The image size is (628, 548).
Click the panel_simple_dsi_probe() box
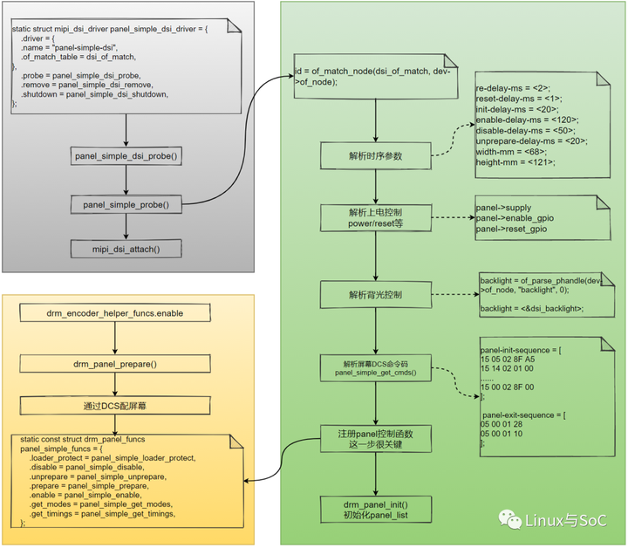pyautogui.click(x=126, y=157)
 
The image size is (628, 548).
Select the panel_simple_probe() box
pyautogui.click(x=126, y=204)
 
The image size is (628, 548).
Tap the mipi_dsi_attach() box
pyautogui.click(x=126, y=250)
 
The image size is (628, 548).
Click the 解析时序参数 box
pyautogui.click(x=377, y=158)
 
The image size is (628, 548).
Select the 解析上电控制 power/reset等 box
pyautogui.click(x=377, y=217)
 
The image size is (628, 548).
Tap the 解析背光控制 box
pyautogui.click(x=377, y=295)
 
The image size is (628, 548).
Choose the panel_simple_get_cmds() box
pyautogui.click(x=377, y=366)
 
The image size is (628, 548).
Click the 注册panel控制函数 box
pyautogui.click(x=377, y=438)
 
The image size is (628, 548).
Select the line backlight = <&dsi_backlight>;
pyautogui.click(x=532, y=308)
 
